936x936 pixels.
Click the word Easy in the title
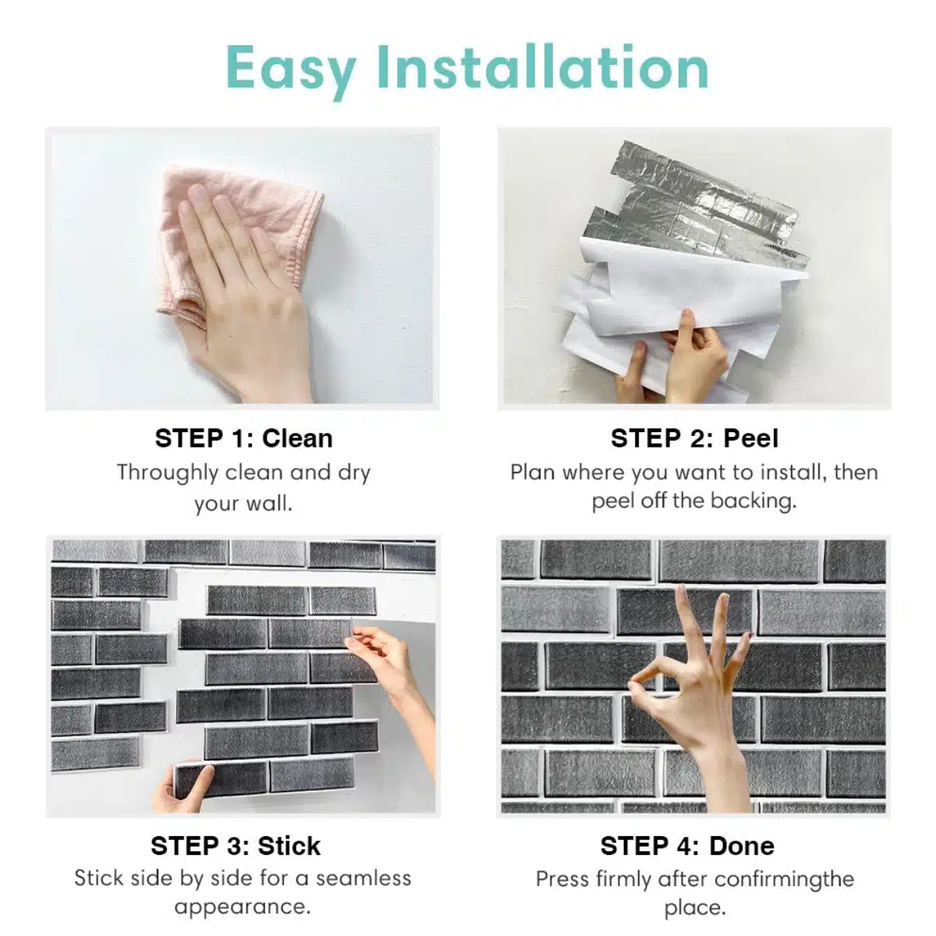tap(289, 69)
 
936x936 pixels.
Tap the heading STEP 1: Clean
tap(243, 438)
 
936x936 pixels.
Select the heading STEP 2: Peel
tap(694, 438)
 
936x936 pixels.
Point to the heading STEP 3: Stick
tap(236, 846)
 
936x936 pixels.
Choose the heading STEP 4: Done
tap(687, 846)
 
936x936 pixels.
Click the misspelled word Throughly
tap(167, 473)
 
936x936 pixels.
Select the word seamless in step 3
tap(363, 878)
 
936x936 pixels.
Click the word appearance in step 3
tap(242, 906)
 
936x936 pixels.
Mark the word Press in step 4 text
tap(562, 879)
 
